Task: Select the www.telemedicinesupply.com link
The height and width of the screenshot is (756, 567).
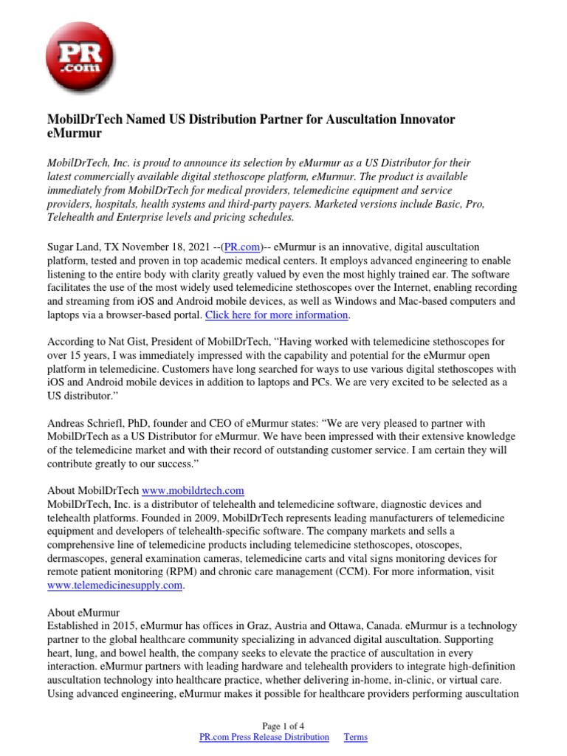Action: [x=114, y=585]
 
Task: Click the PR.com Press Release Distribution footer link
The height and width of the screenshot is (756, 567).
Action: [x=264, y=737]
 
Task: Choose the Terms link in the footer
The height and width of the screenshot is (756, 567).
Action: [x=355, y=737]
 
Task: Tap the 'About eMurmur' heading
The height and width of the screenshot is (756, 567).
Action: [x=83, y=613]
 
